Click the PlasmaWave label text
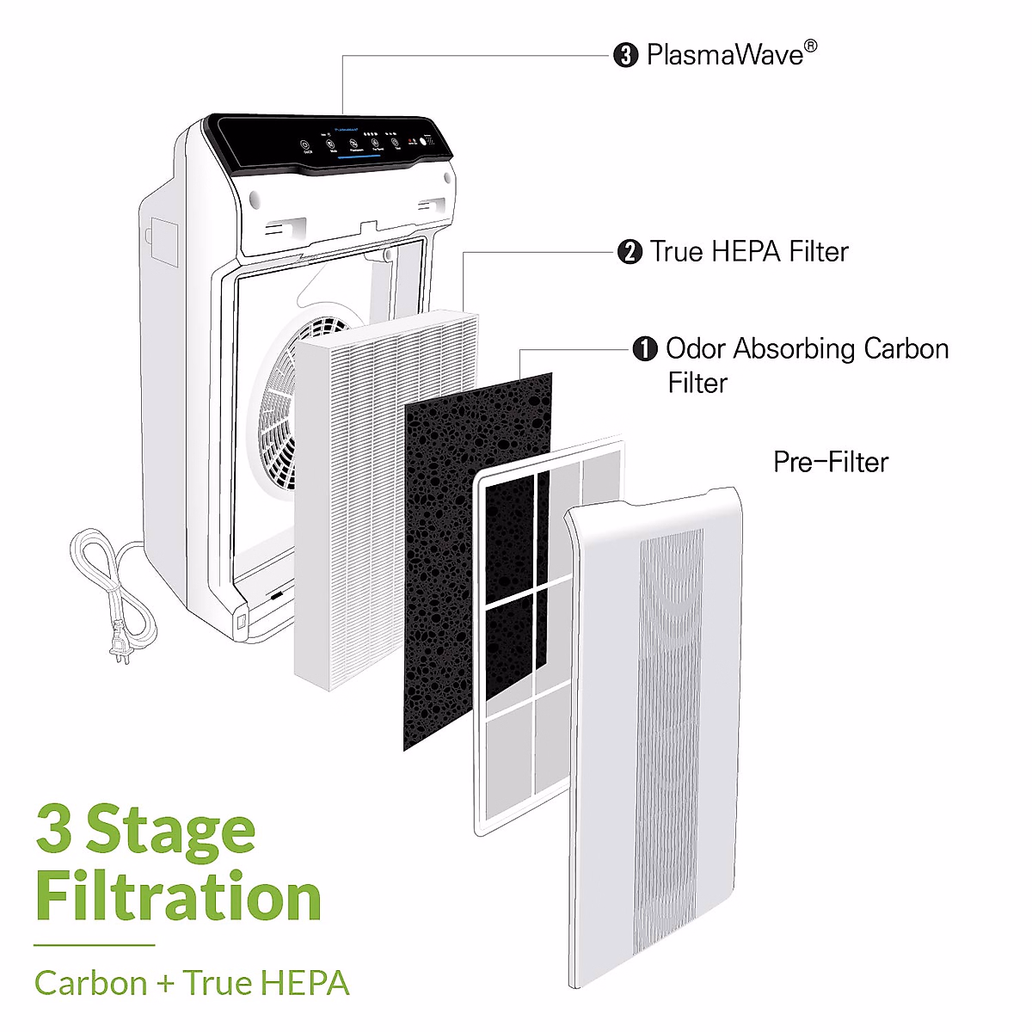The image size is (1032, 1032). pyautogui.click(x=724, y=55)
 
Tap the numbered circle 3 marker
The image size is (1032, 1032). pyautogui.click(x=625, y=56)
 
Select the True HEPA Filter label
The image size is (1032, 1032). pyautogui.click(x=748, y=252)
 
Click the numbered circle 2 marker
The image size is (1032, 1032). pyautogui.click(x=630, y=253)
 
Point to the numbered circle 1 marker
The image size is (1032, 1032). pyautogui.click(x=644, y=349)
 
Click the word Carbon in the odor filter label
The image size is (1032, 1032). pyautogui.click(x=906, y=349)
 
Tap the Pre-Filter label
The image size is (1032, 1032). pyautogui.click(x=830, y=462)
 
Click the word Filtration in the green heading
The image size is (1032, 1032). pyautogui.click(x=178, y=897)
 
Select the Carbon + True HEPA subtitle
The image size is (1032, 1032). pyautogui.click(x=192, y=983)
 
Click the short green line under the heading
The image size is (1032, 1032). pyautogui.click(x=95, y=945)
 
